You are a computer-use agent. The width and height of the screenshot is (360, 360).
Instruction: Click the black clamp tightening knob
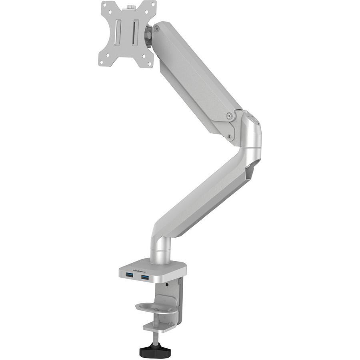[x=155, y=351]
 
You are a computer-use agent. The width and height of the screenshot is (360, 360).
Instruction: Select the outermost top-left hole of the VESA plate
[x=104, y=7]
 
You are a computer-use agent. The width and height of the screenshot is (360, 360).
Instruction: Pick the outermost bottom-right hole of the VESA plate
[x=149, y=63]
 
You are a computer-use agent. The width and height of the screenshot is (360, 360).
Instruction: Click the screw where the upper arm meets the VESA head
[x=156, y=28]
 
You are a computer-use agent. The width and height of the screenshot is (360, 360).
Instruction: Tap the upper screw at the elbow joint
[x=230, y=116]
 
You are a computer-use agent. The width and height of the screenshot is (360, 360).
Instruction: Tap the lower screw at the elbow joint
[x=229, y=136]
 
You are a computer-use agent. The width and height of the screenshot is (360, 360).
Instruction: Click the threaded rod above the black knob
[x=154, y=338]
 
